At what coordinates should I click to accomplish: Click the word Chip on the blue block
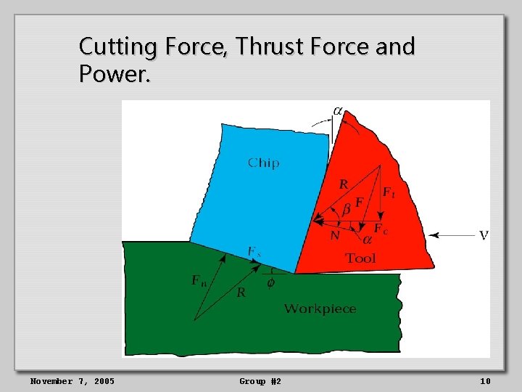(263, 163)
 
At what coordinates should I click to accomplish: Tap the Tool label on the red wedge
(360, 258)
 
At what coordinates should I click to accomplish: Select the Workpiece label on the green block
(320, 309)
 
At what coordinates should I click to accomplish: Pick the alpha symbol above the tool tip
(338, 111)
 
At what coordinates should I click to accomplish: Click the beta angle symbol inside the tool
(347, 209)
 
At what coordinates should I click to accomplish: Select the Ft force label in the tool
(389, 193)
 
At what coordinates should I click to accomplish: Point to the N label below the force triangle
(334, 235)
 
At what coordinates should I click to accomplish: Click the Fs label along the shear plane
(254, 252)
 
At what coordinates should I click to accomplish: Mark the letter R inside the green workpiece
(241, 293)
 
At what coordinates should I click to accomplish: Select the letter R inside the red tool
(344, 184)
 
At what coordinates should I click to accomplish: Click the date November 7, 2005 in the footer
(72, 381)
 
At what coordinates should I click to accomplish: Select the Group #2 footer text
(260, 381)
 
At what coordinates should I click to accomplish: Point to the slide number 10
(484, 381)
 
